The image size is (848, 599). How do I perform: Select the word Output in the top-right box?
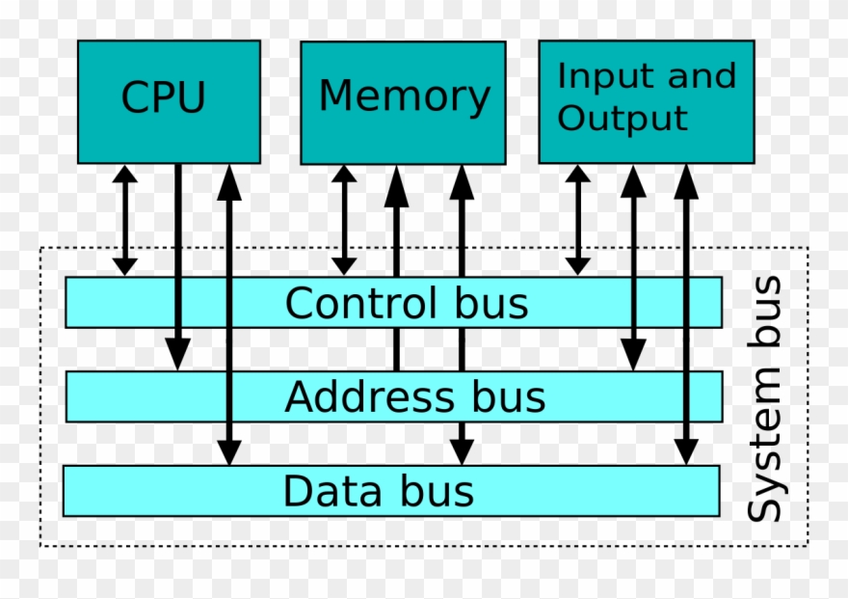tap(623, 119)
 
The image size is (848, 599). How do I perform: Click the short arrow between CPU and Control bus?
tap(125, 219)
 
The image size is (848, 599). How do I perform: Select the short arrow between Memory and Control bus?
tap(344, 219)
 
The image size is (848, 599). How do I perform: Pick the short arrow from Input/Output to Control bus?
tap(577, 219)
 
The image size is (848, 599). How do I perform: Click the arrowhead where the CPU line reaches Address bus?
tap(177, 355)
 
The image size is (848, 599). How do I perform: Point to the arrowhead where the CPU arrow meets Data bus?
tap(229, 450)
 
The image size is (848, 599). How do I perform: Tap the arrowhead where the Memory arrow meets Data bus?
tap(462, 450)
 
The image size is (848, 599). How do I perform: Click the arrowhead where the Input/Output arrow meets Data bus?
tap(685, 450)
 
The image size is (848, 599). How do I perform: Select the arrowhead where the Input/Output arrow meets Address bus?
tap(632, 355)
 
